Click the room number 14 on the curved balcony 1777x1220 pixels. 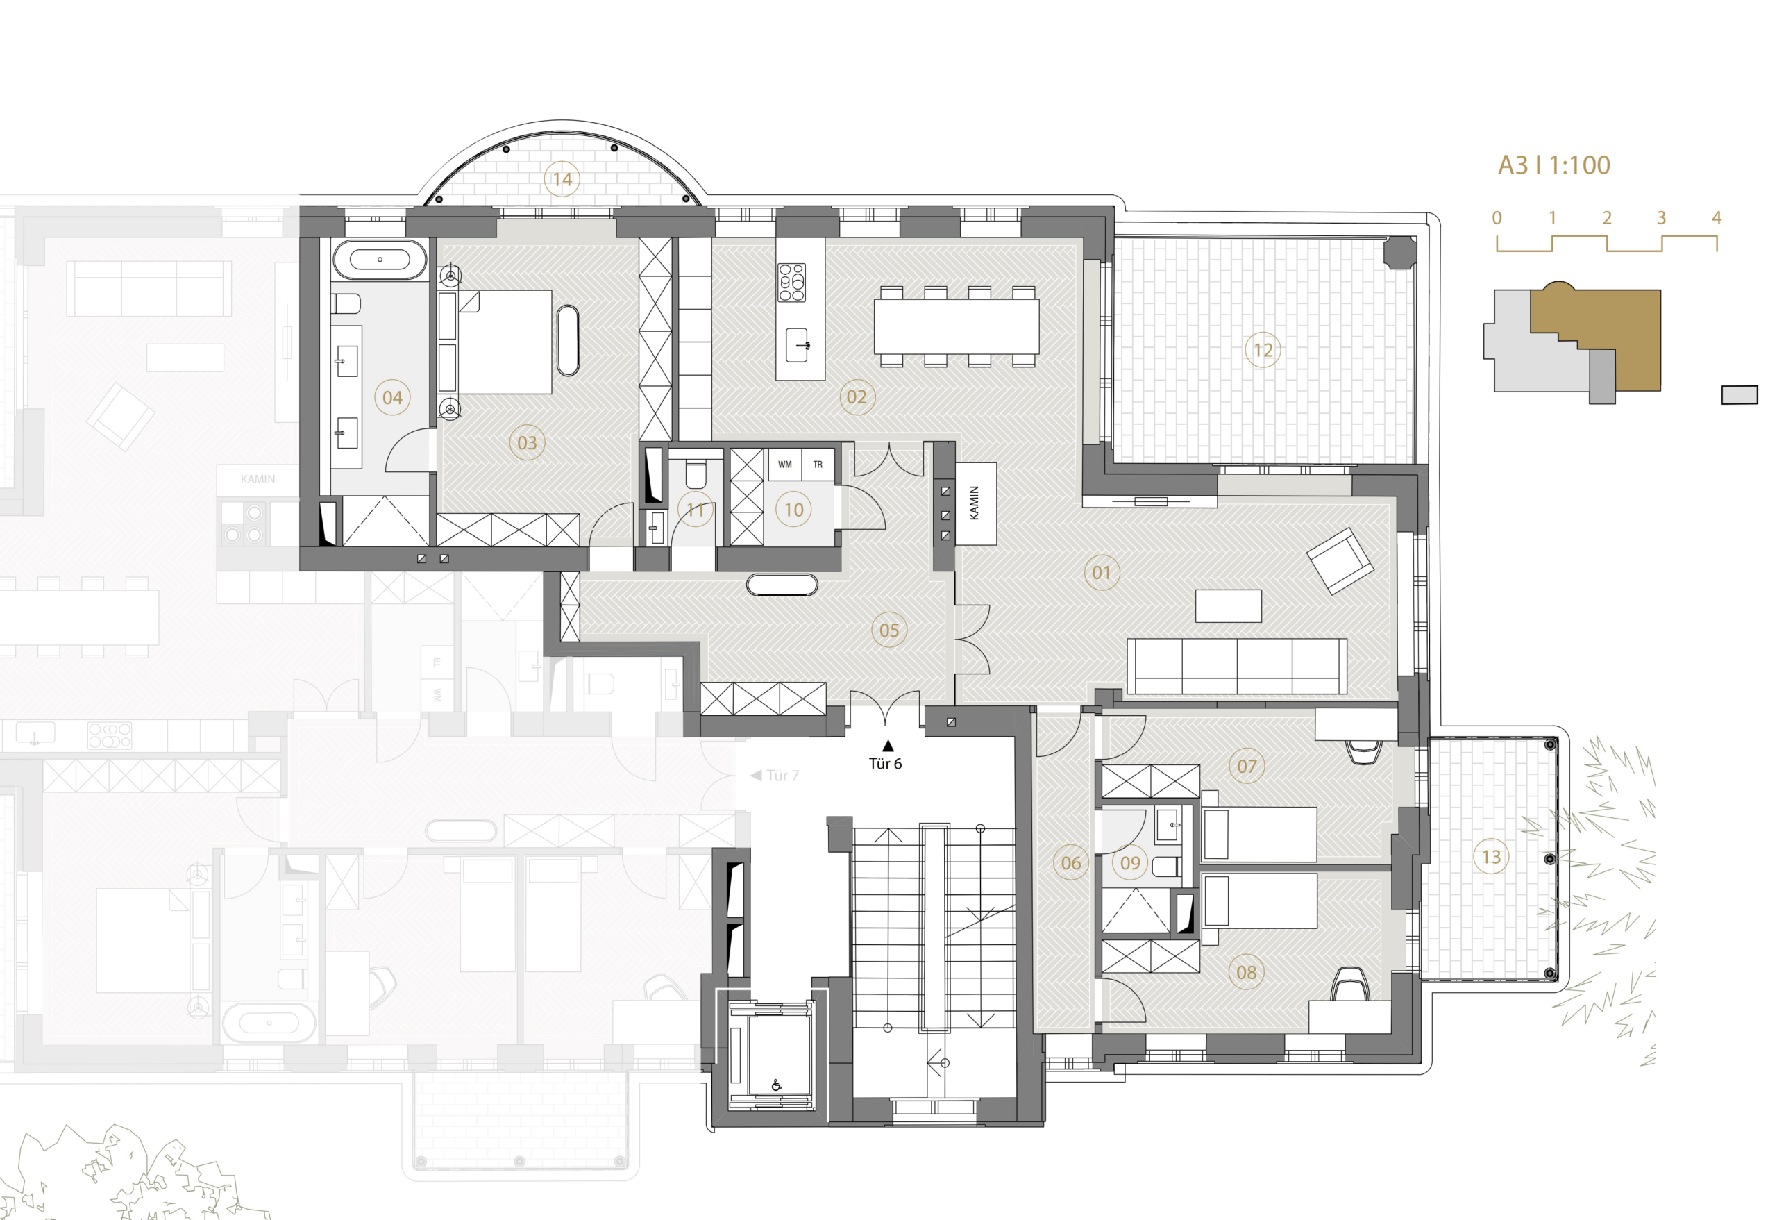562,179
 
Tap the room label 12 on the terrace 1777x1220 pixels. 1263,351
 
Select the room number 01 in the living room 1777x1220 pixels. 1101,573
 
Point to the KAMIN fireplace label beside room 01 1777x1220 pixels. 974,503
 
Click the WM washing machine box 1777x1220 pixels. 784,465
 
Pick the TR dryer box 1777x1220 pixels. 818,465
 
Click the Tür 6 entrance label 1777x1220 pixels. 886,763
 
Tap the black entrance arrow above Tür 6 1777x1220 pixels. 888,746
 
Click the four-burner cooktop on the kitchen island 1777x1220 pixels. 791,282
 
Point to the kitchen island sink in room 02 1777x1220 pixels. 798,345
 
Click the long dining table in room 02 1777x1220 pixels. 957,326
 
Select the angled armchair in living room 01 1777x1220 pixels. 1340,560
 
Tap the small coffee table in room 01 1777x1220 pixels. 1228,605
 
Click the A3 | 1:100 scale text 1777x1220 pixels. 1553,165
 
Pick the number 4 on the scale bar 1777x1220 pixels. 1717,218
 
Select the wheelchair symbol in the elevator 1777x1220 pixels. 777,1085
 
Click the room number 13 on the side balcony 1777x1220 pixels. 1491,857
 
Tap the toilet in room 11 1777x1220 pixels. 696,474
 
